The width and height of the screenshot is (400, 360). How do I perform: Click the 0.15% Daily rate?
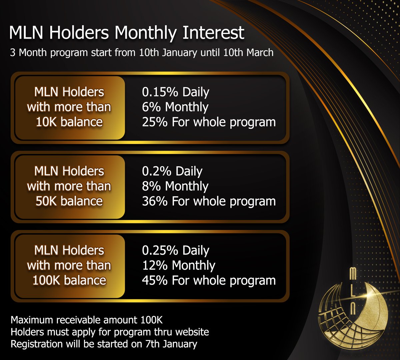[x=176, y=92]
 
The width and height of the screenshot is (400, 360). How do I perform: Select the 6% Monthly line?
[x=175, y=107]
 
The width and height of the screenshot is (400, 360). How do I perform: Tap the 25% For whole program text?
[x=209, y=122]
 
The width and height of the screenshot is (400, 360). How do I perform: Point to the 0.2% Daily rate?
[x=172, y=171]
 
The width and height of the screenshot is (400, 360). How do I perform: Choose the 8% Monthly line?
[x=175, y=186]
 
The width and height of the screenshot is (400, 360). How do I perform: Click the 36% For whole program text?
[x=209, y=201]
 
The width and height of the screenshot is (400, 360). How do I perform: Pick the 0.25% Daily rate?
[x=176, y=250]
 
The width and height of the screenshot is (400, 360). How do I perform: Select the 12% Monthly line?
[x=179, y=266]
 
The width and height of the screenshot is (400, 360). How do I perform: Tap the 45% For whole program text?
[x=209, y=281]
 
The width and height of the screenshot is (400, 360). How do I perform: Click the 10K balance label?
[x=69, y=122]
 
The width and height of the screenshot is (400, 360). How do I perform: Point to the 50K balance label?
[x=69, y=201]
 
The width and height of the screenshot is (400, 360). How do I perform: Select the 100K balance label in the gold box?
[x=69, y=281]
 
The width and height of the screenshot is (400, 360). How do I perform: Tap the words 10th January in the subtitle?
[x=168, y=53]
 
